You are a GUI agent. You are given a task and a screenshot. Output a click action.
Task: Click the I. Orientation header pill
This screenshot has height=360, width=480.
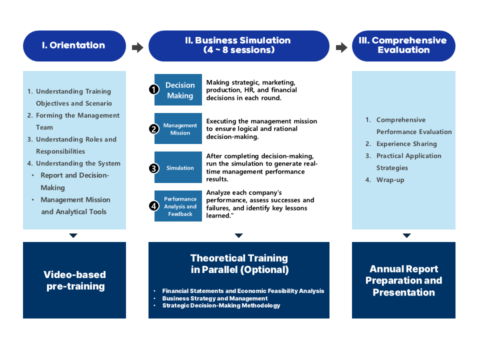tap(74, 46)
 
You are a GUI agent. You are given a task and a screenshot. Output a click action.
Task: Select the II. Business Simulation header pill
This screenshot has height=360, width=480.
tap(239, 46)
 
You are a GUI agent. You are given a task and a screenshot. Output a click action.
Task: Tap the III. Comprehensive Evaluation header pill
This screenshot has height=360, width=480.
tap(403, 46)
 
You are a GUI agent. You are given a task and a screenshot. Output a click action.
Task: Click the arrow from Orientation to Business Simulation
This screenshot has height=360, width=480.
tap(137, 47)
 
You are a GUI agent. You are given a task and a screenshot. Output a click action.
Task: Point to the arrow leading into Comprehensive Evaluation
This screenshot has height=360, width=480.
tap(341, 47)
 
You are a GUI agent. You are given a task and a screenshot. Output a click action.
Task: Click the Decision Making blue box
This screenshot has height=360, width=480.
tap(178, 89)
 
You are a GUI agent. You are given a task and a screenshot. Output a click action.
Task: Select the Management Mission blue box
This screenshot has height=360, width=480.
tap(178, 128)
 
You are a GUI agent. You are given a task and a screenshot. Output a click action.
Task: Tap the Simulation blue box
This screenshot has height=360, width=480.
tap(178, 167)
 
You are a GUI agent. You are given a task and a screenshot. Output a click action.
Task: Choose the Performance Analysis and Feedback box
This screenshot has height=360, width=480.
tap(178, 206)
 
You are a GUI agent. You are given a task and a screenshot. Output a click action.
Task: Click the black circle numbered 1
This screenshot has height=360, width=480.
tap(153, 89)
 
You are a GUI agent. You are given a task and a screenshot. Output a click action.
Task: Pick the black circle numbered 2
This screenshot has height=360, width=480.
tap(153, 129)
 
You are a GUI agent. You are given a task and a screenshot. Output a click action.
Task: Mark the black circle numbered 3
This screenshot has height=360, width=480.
tap(153, 168)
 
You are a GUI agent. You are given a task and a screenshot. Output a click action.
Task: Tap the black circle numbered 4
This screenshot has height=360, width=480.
tap(153, 206)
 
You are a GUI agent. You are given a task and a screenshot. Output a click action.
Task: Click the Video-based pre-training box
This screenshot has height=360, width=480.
tap(74, 280)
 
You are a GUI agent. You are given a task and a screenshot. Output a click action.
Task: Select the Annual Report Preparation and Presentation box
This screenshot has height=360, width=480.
tap(403, 280)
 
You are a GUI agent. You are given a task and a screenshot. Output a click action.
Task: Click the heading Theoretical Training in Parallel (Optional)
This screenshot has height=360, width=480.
tap(239, 264)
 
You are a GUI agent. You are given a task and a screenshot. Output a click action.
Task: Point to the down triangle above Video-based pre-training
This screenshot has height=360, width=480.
tap(73, 235)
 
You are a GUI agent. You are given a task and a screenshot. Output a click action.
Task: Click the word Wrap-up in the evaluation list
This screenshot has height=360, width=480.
tap(390, 180)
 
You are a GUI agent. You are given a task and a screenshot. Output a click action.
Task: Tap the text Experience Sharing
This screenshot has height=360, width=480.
tap(406, 144)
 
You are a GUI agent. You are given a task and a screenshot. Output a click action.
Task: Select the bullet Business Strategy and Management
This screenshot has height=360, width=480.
tap(215, 298)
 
